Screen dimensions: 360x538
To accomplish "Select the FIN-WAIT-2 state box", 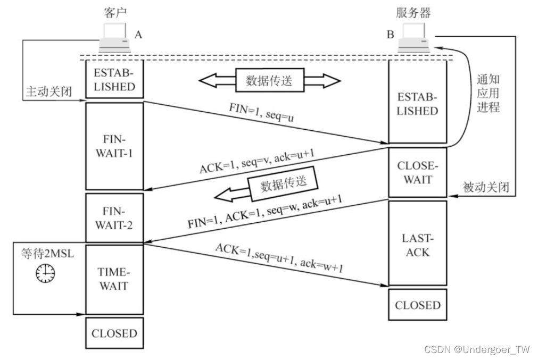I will (x=114, y=219).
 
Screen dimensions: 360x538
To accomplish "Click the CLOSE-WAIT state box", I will (x=417, y=172).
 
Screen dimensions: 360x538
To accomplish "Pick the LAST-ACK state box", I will (x=417, y=244).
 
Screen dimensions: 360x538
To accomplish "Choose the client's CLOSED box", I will (x=114, y=333).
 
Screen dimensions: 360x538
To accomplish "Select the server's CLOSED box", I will (x=417, y=305).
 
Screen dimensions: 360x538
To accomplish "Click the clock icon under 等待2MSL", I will (x=45, y=273).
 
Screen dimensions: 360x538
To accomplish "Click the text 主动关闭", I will (x=48, y=92).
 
